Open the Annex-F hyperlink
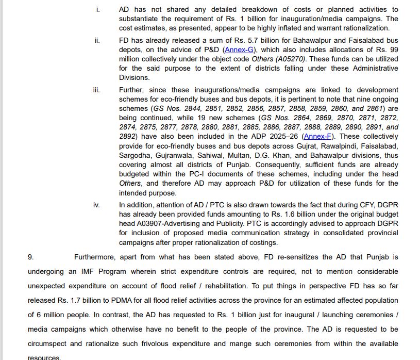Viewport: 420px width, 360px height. (317, 137)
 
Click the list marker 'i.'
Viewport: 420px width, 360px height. (98, 10)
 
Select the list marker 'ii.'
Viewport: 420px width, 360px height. (97, 41)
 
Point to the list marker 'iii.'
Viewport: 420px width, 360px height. (96, 90)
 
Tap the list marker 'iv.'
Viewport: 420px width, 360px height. (96, 205)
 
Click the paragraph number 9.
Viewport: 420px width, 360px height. (31, 256)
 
